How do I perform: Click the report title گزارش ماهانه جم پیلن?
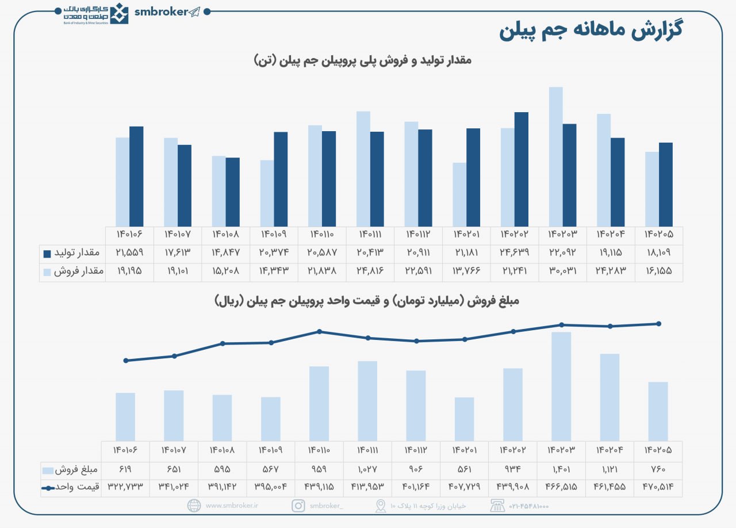(591, 30)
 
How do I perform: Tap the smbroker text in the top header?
(162, 12)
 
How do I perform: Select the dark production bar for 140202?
(522, 169)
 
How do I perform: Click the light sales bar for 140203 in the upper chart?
(555, 156)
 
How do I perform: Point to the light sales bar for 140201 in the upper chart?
(459, 194)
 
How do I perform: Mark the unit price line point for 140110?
(320, 331)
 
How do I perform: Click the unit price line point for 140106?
(126, 361)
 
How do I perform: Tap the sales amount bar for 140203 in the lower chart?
(561, 387)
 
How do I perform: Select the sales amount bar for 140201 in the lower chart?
(464, 419)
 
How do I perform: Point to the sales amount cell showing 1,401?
(561, 470)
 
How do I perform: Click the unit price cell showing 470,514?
(658, 488)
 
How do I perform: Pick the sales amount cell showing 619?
(125, 470)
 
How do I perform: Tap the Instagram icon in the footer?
(298, 506)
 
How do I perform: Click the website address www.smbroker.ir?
(232, 506)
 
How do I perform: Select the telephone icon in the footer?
(497, 506)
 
